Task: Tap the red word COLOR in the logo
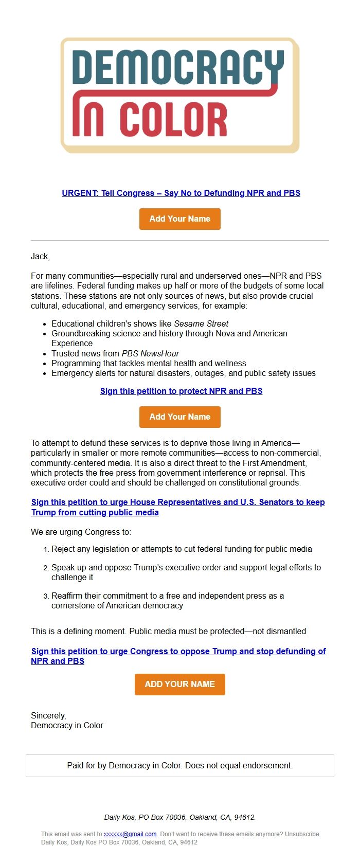click(x=173, y=120)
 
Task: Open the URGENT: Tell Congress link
click(x=181, y=193)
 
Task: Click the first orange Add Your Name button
click(x=180, y=219)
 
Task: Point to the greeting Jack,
click(x=40, y=256)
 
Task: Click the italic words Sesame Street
click(x=201, y=323)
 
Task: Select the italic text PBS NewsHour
click(x=150, y=353)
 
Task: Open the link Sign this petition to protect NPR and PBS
click(x=181, y=391)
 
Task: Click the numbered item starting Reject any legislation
click(x=182, y=549)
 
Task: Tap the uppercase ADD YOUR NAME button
click(x=180, y=685)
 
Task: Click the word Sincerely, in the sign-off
click(x=48, y=715)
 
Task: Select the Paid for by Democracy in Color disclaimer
click(x=180, y=765)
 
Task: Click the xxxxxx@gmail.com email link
click(x=130, y=834)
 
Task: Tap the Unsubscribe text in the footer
click(x=302, y=834)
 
